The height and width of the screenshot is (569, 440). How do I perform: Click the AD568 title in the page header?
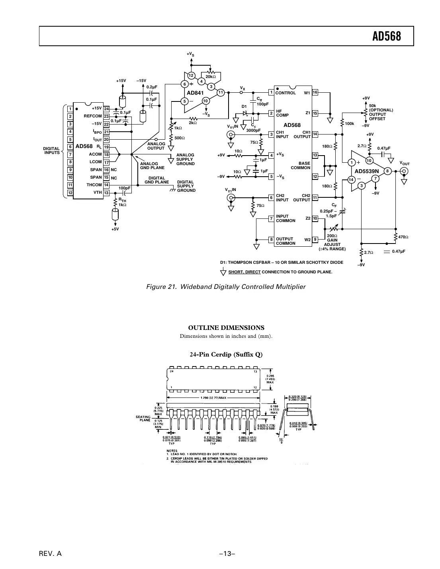[386, 37]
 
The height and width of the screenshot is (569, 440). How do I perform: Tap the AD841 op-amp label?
[195, 93]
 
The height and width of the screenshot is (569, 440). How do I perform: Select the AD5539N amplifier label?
[366, 171]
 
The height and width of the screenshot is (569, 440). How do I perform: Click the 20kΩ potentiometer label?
[211, 76]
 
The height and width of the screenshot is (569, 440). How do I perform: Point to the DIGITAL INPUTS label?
[51, 150]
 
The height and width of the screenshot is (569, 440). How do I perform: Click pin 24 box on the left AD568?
[106, 109]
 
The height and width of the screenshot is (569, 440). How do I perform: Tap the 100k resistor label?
[349, 124]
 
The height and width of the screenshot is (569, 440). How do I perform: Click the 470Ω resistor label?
[403, 237]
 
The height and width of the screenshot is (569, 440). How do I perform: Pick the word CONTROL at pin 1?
[286, 93]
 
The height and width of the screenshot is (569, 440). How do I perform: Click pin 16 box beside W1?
[315, 92]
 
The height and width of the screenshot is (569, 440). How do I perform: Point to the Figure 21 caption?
[225, 286]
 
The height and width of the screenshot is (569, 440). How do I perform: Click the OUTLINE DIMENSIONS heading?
[226, 328]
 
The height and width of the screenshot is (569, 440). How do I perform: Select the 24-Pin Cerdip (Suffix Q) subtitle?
[226, 355]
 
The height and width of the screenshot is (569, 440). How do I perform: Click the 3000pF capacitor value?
[253, 130]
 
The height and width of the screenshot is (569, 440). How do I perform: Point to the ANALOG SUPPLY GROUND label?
[185, 159]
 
